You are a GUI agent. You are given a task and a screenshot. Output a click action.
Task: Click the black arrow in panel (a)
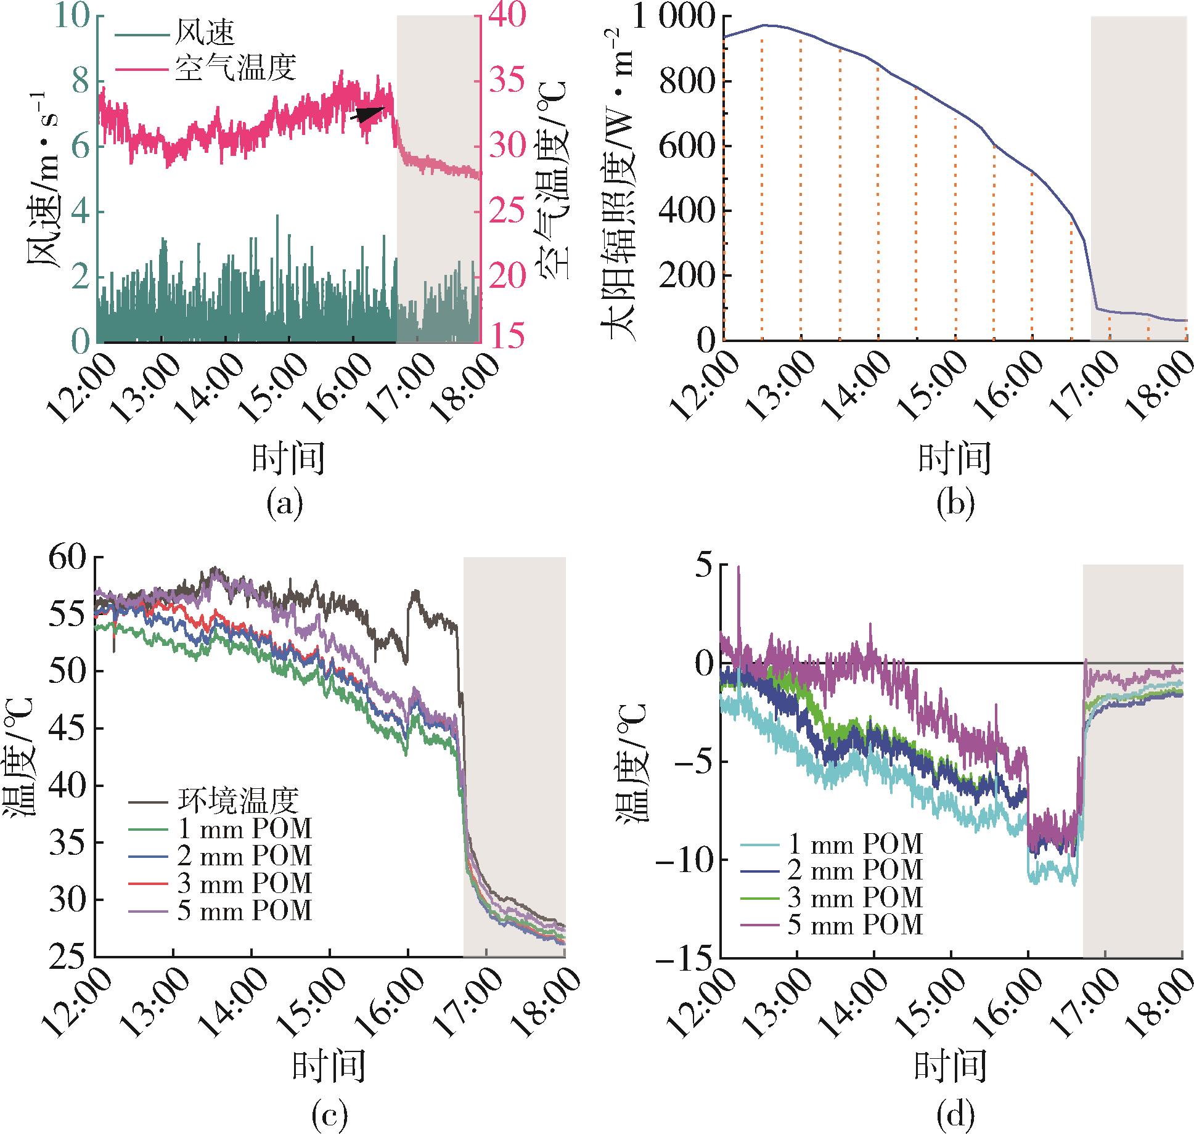[x=368, y=113]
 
